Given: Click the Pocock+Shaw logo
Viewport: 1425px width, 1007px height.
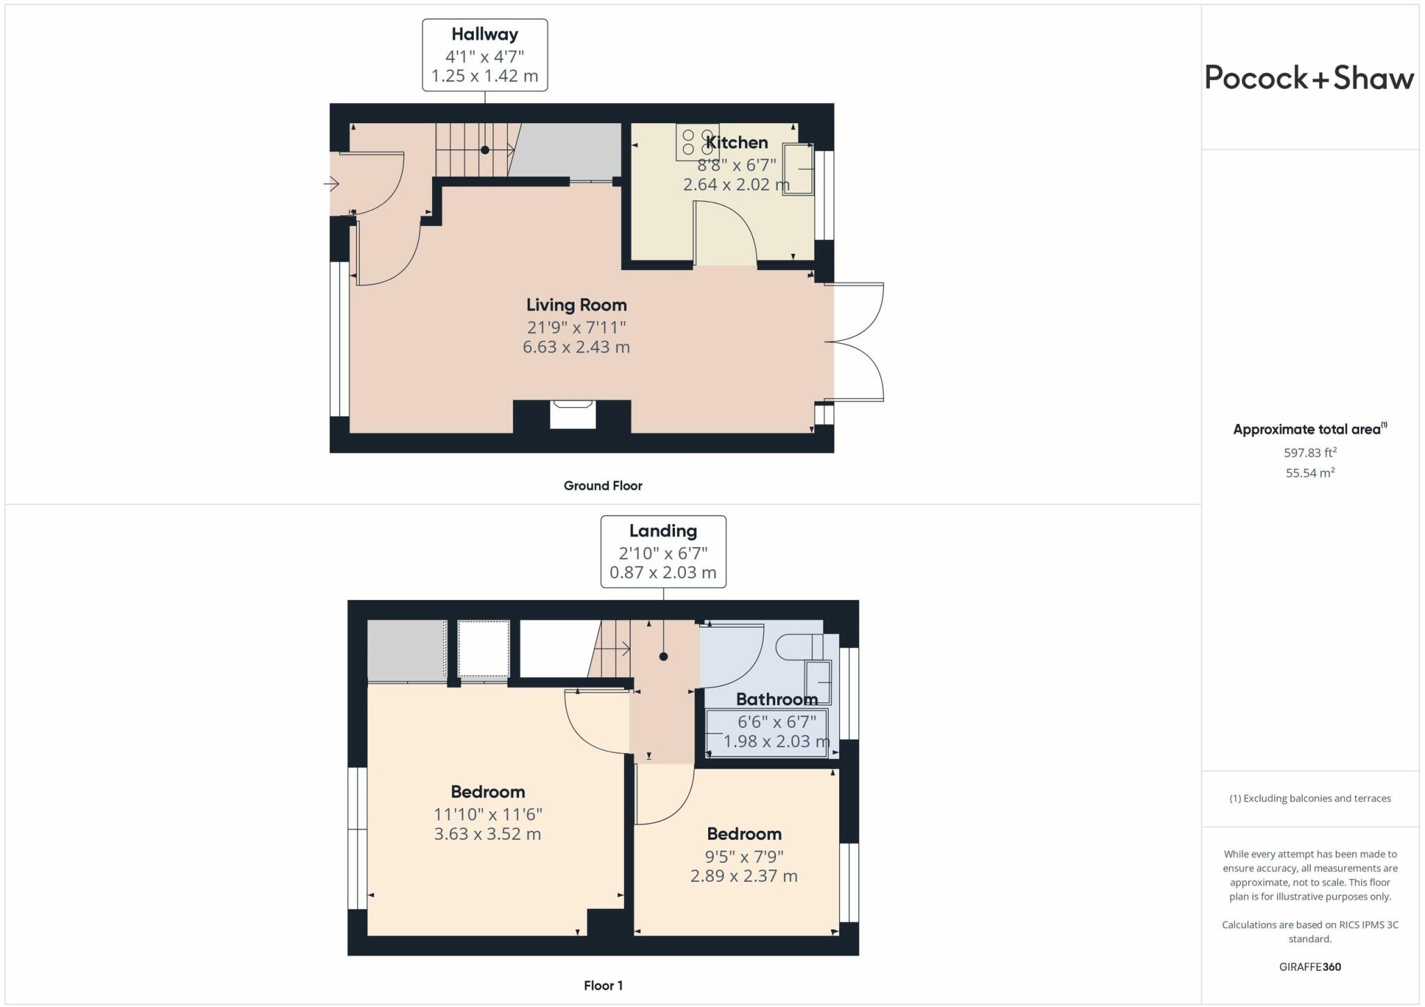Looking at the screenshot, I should point(1309,77).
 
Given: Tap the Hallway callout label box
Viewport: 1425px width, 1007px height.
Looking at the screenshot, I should point(485,55).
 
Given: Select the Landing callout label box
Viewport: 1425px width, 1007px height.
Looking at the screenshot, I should point(663,552).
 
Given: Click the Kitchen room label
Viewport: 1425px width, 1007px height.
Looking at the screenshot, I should point(737,143).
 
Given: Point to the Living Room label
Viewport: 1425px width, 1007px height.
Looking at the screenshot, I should point(576,305).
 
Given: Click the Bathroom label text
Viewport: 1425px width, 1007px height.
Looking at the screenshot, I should point(777,699).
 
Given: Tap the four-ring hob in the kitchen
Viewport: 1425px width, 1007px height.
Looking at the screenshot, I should point(696,141).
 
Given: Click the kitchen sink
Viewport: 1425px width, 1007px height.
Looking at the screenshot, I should point(798,169).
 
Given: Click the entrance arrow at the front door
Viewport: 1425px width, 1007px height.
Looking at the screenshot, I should point(331,184).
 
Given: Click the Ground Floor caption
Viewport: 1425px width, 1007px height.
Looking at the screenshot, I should point(603,486).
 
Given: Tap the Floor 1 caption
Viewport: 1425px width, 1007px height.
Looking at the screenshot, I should point(603,985).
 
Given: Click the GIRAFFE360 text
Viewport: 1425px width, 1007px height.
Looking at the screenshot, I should point(1310,967).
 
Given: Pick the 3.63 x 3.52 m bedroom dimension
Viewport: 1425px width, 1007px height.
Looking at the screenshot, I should point(487,834).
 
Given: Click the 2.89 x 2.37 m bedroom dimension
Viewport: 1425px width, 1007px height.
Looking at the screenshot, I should point(744,876).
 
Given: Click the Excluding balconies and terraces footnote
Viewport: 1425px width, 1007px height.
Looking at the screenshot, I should point(1310,798).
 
